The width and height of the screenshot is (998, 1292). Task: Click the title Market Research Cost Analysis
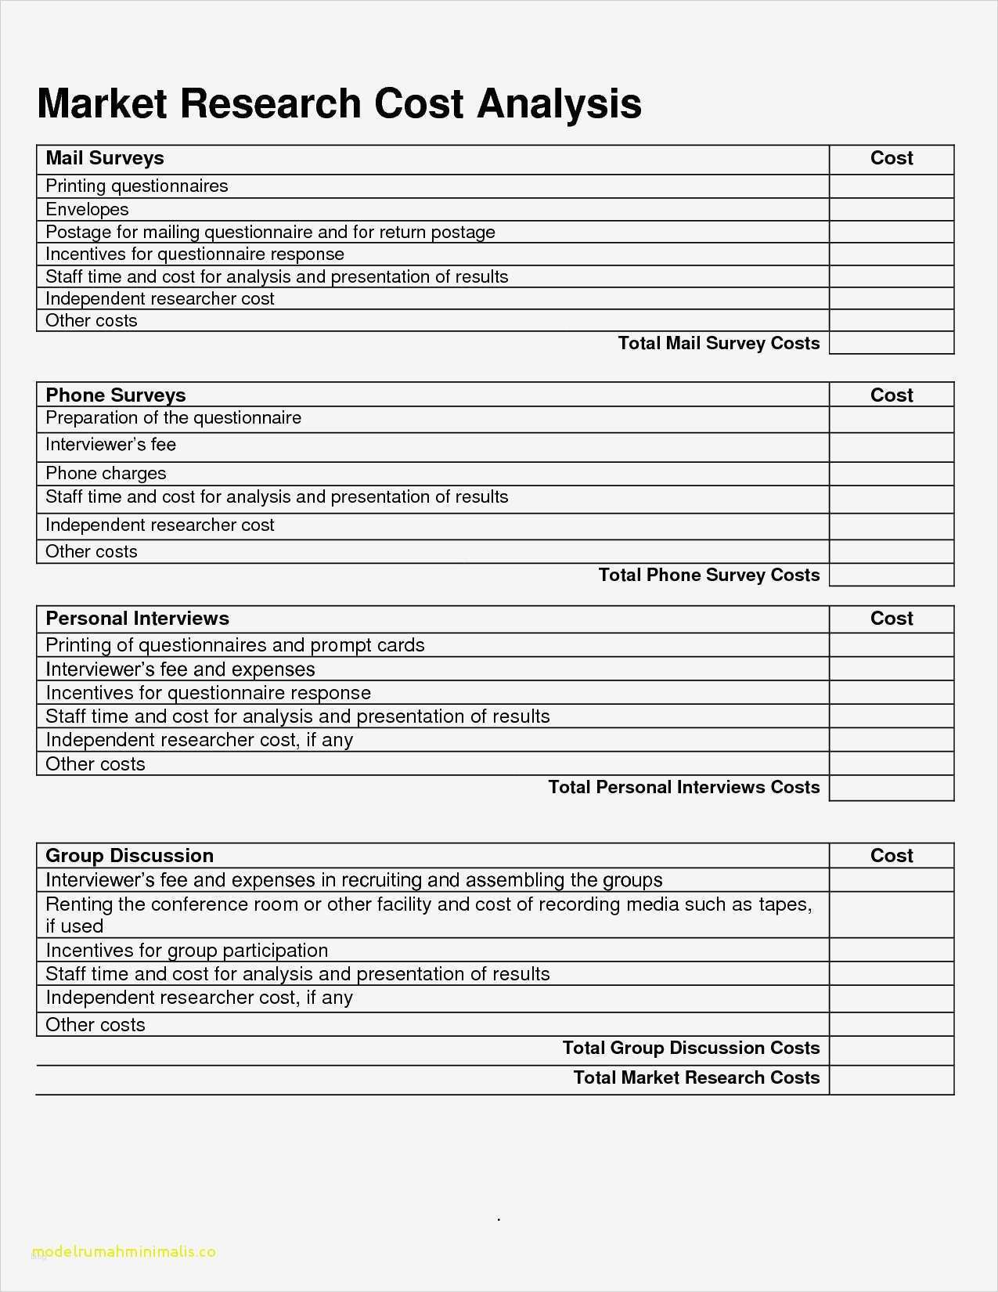coord(339,104)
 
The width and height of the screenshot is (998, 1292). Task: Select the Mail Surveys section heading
coord(105,158)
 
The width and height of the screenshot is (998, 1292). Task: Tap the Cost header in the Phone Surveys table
coord(892,395)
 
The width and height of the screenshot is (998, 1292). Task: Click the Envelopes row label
coord(87,210)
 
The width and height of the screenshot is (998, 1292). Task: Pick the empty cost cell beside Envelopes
coord(892,210)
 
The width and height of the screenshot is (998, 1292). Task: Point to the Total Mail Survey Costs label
coord(719,343)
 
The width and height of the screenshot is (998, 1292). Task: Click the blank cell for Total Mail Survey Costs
coord(892,343)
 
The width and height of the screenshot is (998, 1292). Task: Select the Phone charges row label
coord(106,474)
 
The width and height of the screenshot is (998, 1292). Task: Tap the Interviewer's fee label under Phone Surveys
coord(110,445)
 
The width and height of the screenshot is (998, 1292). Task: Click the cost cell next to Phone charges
coord(892,474)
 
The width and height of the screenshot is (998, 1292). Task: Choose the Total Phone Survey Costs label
coord(709,576)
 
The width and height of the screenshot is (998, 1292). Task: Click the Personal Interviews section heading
coord(137,619)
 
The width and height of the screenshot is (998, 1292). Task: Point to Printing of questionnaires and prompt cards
coord(235,645)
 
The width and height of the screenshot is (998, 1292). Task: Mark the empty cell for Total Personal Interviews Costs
coord(892,788)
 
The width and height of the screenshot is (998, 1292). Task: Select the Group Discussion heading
coord(129,856)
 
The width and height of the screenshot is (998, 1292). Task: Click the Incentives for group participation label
coord(186,951)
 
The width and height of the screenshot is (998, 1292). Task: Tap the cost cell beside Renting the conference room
coord(892,915)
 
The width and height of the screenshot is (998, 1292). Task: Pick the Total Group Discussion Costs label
coord(690,1048)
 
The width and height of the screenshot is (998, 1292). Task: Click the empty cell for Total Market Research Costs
coord(892,1079)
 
